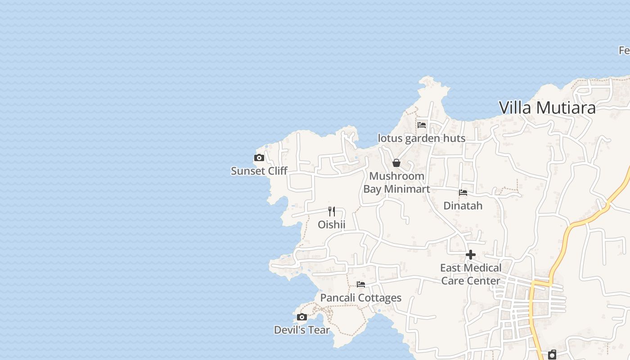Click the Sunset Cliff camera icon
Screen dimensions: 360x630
[259, 158]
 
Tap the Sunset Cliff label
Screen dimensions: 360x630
[259, 171]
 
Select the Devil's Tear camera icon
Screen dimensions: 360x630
[302, 317]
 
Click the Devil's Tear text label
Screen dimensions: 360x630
[302, 330]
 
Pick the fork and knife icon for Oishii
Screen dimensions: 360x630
[332, 211]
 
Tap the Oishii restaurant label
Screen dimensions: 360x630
[332, 224]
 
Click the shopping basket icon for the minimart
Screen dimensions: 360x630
[396, 163]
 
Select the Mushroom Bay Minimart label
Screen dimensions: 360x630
[396, 182]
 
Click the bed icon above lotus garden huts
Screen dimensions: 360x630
[422, 125]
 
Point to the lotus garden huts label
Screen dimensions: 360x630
[422, 138]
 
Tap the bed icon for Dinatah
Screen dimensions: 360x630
[463, 193]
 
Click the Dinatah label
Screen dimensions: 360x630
[463, 206]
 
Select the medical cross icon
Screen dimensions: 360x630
[471, 255]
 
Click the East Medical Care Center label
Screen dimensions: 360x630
[471, 274]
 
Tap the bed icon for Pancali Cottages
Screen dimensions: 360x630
[361, 284]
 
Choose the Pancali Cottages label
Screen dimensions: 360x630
[361, 298]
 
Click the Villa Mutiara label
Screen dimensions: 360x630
[547, 108]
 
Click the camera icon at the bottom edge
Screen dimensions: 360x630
[552, 355]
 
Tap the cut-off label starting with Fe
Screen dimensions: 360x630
[624, 50]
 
